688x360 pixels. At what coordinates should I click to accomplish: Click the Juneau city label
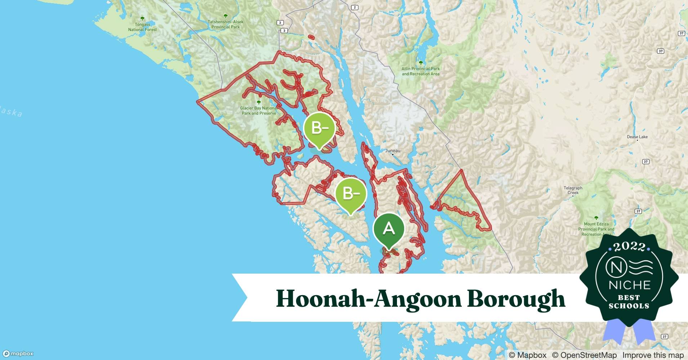(393, 151)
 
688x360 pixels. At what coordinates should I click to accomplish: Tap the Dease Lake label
(637, 137)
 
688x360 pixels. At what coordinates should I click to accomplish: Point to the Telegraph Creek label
(573, 190)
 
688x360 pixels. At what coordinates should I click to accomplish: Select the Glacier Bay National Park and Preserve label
(259, 111)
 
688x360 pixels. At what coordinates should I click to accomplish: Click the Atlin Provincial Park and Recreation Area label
(420, 71)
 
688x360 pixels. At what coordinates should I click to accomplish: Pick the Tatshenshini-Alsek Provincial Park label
(225, 24)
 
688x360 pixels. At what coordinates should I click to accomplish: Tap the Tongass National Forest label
(142, 27)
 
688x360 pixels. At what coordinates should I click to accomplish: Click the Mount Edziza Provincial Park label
(596, 229)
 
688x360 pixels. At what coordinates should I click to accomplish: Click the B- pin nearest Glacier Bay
(319, 129)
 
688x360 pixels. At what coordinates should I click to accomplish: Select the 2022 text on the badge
(629, 247)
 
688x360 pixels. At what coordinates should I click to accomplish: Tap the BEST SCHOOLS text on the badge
(629, 302)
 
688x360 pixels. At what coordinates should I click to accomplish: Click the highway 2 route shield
(355, 7)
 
